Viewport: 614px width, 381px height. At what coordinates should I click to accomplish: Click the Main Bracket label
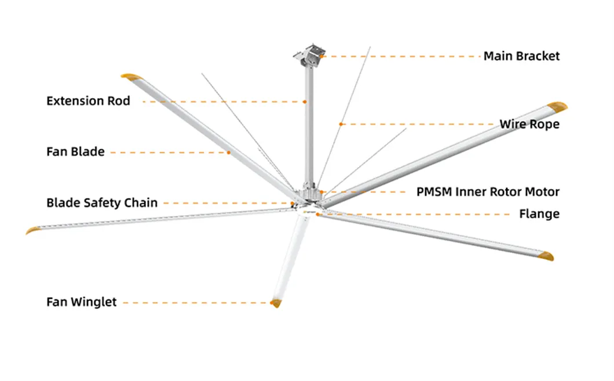pos(521,56)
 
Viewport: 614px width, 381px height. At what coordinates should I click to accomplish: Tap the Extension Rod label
pos(88,101)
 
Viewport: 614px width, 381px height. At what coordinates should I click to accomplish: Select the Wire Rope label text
pos(529,124)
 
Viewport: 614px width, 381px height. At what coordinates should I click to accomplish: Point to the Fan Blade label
pos(75,152)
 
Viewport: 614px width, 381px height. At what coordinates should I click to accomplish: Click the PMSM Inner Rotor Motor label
pos(488,192)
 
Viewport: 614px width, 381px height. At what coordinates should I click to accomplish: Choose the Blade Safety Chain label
pos(102,203)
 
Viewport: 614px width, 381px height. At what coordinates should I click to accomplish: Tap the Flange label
pos(539,214)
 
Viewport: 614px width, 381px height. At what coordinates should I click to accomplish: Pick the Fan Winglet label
pos(81,302)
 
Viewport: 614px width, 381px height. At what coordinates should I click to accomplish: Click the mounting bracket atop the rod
pos(309,55)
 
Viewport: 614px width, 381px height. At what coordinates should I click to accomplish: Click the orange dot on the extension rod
pos(304,101)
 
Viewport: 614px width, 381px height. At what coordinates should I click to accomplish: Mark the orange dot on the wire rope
pos(341,124)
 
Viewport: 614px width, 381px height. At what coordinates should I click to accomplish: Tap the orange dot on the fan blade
pos(229,153)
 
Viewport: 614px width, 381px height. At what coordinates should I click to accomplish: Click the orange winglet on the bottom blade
pos(276,303)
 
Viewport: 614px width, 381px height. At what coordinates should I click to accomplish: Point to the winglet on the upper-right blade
pos(558,106)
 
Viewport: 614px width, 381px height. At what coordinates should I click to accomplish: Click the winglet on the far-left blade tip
pos(33,230)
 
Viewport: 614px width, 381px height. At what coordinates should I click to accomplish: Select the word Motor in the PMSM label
pos(541,192)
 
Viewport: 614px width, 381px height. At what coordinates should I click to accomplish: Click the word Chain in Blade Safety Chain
pos(141,203)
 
